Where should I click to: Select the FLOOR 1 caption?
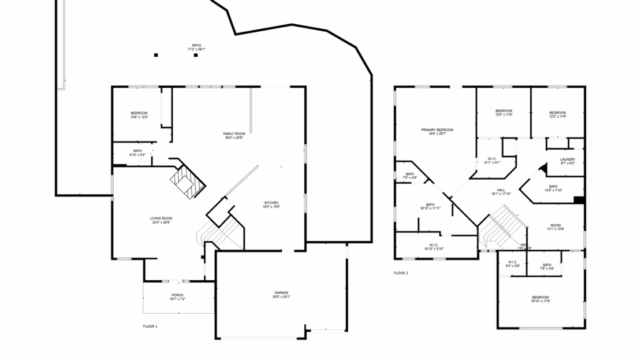pos(150,326)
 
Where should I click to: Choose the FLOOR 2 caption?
pos(401,273)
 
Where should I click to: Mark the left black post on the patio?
pos(156,55)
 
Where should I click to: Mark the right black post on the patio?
pos(196,55)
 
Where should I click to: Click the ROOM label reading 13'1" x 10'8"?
pos(555,227)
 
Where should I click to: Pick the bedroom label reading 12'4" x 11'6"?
pos(504,113)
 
